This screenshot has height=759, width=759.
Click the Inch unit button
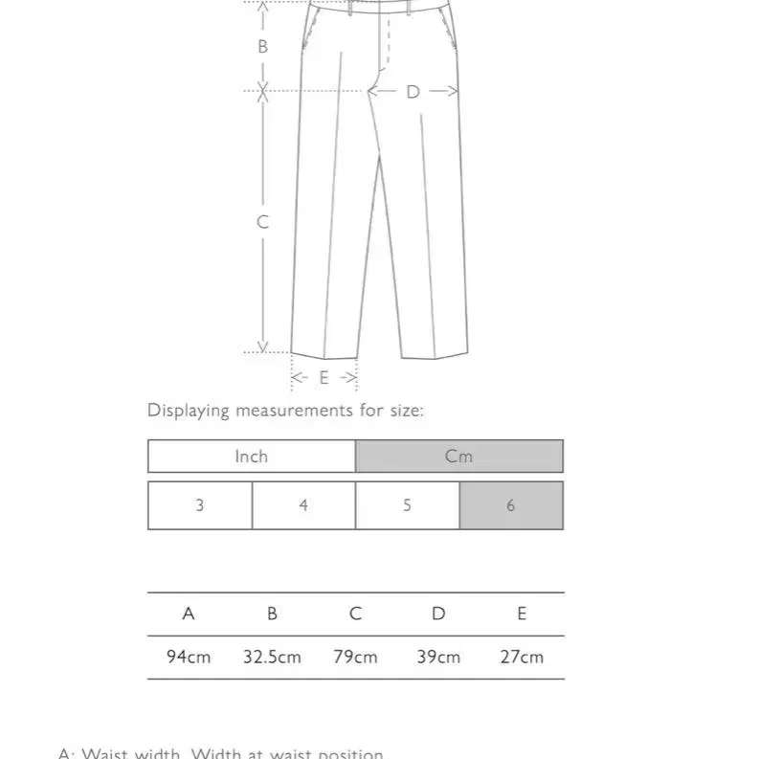pos(251,457)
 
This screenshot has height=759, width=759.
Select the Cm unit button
pos(458,457)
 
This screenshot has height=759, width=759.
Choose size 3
pos(200,505)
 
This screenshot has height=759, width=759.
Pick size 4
pos(303,505)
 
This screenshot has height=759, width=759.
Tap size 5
pos(407,505)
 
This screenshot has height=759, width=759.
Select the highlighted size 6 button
pos(510,505)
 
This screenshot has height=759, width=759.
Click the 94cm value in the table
pos(189,658)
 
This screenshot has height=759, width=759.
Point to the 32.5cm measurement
pos(272,658)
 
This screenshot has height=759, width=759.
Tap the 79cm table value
pos(355,658)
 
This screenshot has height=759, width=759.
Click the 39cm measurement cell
pos(438,658)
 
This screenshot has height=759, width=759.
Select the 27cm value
pos(522,658)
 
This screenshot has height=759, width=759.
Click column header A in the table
pos(189,614)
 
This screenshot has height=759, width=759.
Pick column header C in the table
pos(355,614)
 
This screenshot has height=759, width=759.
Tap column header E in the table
pos(522,614)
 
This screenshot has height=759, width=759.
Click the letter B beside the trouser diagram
pos(263,46)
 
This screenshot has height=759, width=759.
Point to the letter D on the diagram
pos(413,92)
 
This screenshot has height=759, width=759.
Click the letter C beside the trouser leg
pos(263,222)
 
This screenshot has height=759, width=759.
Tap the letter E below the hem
pos(324,378)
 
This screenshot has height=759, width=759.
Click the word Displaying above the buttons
pos(189,411)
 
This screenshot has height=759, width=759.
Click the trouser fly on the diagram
pos(388,43)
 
